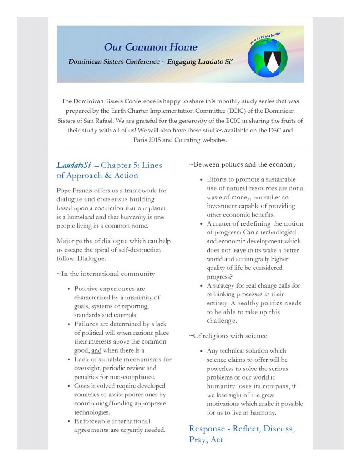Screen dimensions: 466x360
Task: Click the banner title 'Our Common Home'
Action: [150, 47]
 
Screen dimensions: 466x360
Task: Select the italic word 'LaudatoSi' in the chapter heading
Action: [72, 165]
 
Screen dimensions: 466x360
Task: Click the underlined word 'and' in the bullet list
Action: [96, 350]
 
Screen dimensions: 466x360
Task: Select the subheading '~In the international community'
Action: [106, 274]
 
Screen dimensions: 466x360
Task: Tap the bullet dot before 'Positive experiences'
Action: [69, 289]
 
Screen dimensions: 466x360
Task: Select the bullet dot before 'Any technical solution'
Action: [201, 351]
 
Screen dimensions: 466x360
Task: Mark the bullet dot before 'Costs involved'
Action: [69, 386]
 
